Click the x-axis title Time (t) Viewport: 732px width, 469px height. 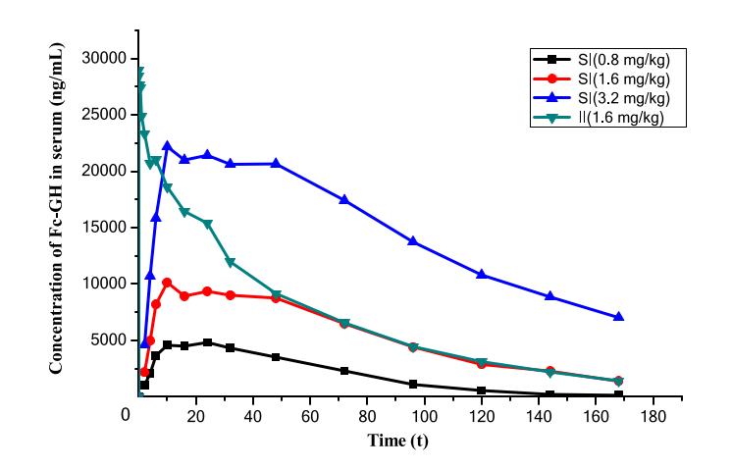pyautogui.click(x=397, y=442)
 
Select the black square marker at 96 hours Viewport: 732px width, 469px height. pyautogui.click(x=413, y=385)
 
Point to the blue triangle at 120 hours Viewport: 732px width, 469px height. pyautogui.click(x=482, y=274)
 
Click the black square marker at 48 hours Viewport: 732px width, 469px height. pyautogui.click(x=276, y=357)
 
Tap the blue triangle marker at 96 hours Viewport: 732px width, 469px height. pyautogui.click(x=413, y=240)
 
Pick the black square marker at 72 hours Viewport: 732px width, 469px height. pyautogui.click(x=343, y=371)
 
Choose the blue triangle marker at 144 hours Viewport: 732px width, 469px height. pyautogui.click(x=549, y=295)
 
